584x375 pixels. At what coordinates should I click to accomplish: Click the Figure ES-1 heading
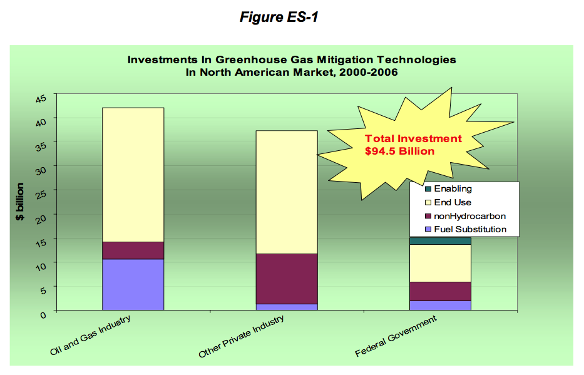pos(279,17)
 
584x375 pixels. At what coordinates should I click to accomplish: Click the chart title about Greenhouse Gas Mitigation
pos(292,66)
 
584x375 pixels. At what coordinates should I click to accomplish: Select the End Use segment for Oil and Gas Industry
pos(133,175)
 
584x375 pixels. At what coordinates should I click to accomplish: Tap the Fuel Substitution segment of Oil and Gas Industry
pos(133,284)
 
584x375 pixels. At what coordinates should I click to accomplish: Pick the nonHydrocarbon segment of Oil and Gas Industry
pos(133,250)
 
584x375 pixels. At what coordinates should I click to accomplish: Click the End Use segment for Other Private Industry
pos(287,192)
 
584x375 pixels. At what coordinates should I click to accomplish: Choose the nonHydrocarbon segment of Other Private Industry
pos(287,279)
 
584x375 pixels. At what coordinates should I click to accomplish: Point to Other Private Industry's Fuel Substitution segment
pos(287,307)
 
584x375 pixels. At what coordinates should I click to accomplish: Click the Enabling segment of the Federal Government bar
pos(440,241)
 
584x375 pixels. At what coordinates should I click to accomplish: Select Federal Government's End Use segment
pos(440,264)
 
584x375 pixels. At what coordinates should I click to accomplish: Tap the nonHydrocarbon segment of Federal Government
pos(440,291)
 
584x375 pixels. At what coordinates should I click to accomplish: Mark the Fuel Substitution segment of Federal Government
pos(440,306)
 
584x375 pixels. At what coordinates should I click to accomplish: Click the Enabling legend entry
pos(448,189)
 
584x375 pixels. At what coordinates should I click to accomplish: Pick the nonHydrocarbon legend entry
pos(466,216)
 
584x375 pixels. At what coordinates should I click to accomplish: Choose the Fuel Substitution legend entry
pos(466,229)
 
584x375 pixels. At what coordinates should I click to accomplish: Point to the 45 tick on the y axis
pos(41,99)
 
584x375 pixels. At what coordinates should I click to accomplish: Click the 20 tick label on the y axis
pos(41,219)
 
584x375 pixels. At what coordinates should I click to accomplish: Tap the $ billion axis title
pos(20,202)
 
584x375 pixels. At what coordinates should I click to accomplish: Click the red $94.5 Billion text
pos(399,152)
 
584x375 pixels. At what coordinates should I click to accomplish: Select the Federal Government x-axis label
pos(396,336)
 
